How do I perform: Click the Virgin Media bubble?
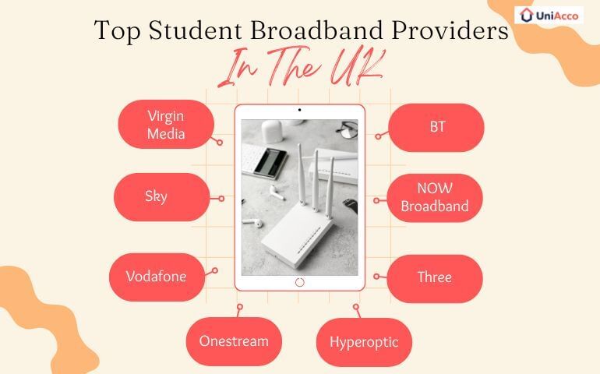[x=165, y=125]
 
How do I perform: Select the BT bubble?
[x=436, y=126]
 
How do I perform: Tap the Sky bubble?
[x=161, y=197]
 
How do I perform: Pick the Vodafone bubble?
[x=156, y=277]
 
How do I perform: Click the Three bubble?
[x=435, y=278]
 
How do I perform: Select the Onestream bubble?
[x=233, y=341]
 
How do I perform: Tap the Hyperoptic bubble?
[x=364, y=342]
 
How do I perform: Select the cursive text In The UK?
[x=299, y=70]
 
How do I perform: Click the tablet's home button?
[x=300, y=282]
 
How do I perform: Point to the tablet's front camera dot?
[x=300, y=111]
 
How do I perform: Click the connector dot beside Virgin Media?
[x=221, y=143]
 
